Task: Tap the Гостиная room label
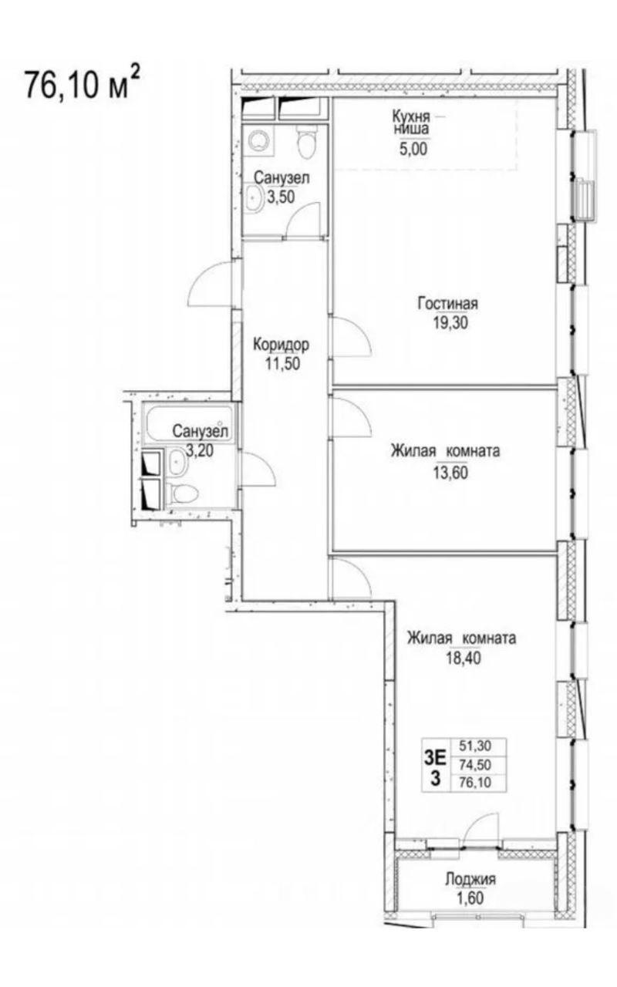point(448,304)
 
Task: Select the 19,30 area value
point(450,323)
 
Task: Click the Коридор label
point(282,345)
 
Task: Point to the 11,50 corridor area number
point(282,363)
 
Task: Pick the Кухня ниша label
point(411,123)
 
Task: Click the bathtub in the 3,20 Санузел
point(190,424)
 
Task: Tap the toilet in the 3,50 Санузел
point(307,142)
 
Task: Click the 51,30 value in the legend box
point(475,746)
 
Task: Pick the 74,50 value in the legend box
point(475,765)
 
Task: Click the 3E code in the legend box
point(435,759)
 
